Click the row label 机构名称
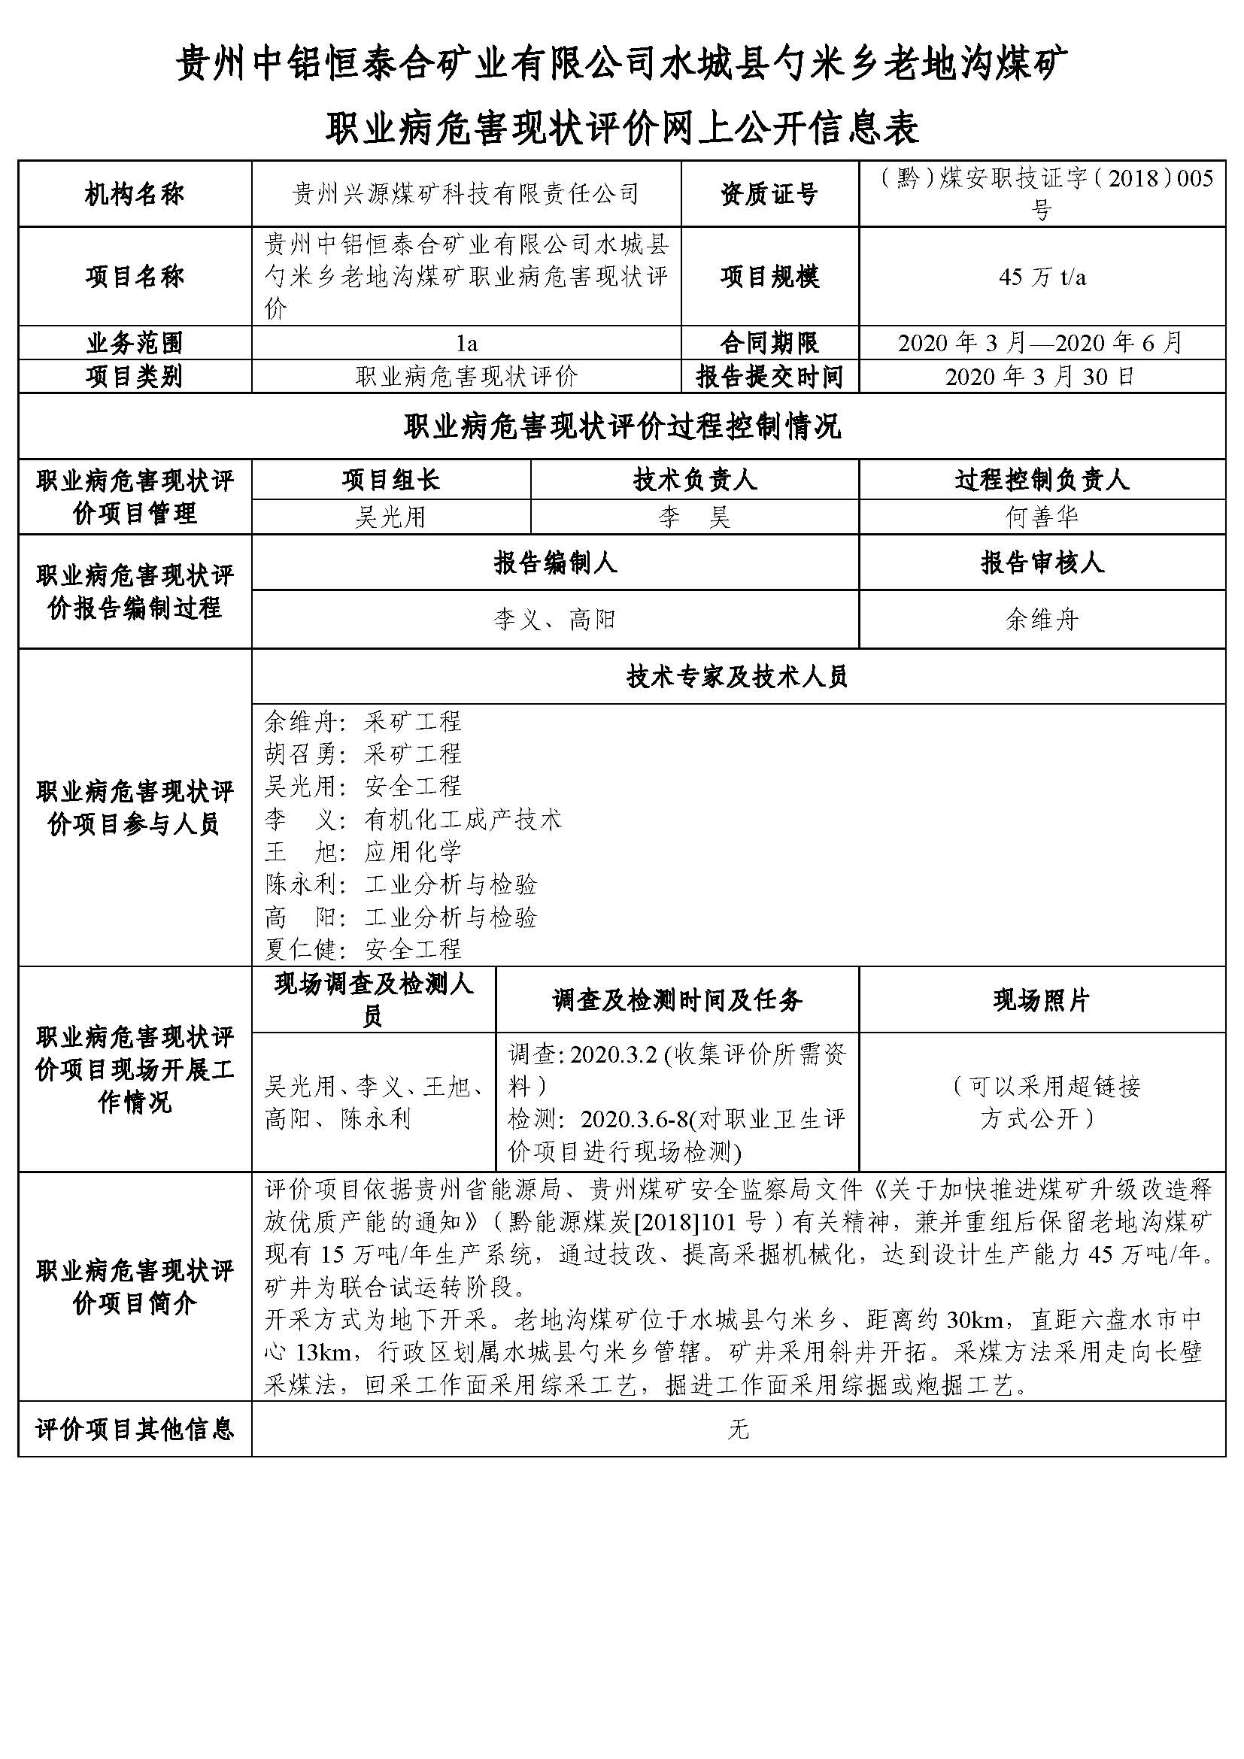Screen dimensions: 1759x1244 (134, 195)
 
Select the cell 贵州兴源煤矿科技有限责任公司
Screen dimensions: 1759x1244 (466, 195)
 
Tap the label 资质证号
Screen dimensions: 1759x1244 (769, 195)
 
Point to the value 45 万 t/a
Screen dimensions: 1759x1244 (1042, 277)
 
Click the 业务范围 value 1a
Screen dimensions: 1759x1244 (466, 343)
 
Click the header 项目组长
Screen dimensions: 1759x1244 (390, 481)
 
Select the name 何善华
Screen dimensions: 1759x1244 (1042, 517)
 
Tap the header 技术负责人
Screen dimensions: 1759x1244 (694, 481)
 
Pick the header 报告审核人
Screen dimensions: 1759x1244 (1042, 563)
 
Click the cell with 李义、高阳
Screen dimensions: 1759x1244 (554, 619)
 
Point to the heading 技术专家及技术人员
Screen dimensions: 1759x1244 (738, 677)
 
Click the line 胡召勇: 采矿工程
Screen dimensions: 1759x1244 (363, 754)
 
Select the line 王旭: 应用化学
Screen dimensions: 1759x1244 (363, 852)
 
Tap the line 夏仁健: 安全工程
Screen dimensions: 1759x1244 (363, 950)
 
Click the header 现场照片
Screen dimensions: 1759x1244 (1042, 999)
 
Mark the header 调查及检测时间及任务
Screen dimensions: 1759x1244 (677, 999)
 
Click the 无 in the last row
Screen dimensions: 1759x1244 (738, 1429)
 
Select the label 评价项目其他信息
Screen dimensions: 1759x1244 (134, 1429)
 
